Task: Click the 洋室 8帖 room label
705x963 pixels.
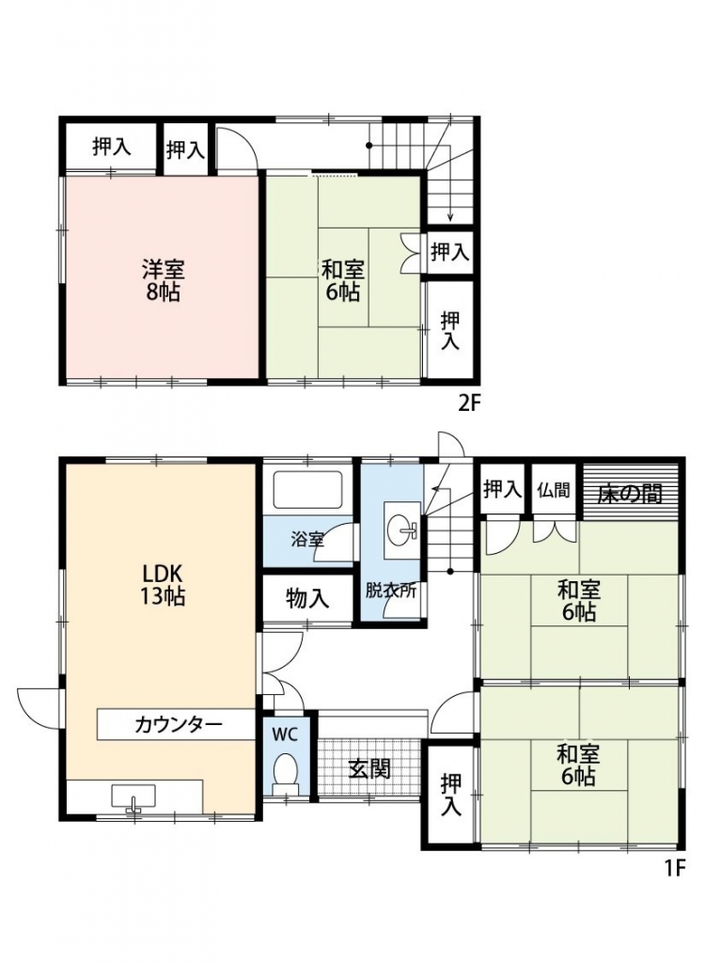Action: [x=164, y=280]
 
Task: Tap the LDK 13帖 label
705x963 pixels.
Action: [x=163, y=585]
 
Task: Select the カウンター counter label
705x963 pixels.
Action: [x=178, y=725]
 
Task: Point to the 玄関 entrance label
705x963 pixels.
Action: [x=369, y=769]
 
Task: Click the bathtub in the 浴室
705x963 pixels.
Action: [x=307, y=489]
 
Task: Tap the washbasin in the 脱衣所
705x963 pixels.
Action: [x=403, y=529]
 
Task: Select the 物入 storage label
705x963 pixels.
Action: [x=307, y=597]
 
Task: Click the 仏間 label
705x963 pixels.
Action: [x=554, y=490]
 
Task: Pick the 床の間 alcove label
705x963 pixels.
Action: [x=631, y=493]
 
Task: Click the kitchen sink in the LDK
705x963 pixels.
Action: [x=133, y=797]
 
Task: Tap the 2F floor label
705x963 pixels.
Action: [x=468, y=403]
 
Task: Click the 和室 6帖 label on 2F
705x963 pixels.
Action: [x=343, y=280]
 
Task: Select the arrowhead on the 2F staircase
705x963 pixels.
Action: [x=450, y=216]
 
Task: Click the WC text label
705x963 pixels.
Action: [x=285, y=734]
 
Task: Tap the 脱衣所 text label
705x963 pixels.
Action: [x=391, y=591]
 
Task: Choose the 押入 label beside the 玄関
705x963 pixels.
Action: [x=450, y=795]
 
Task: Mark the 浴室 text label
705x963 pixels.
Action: [x=307, y=541]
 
